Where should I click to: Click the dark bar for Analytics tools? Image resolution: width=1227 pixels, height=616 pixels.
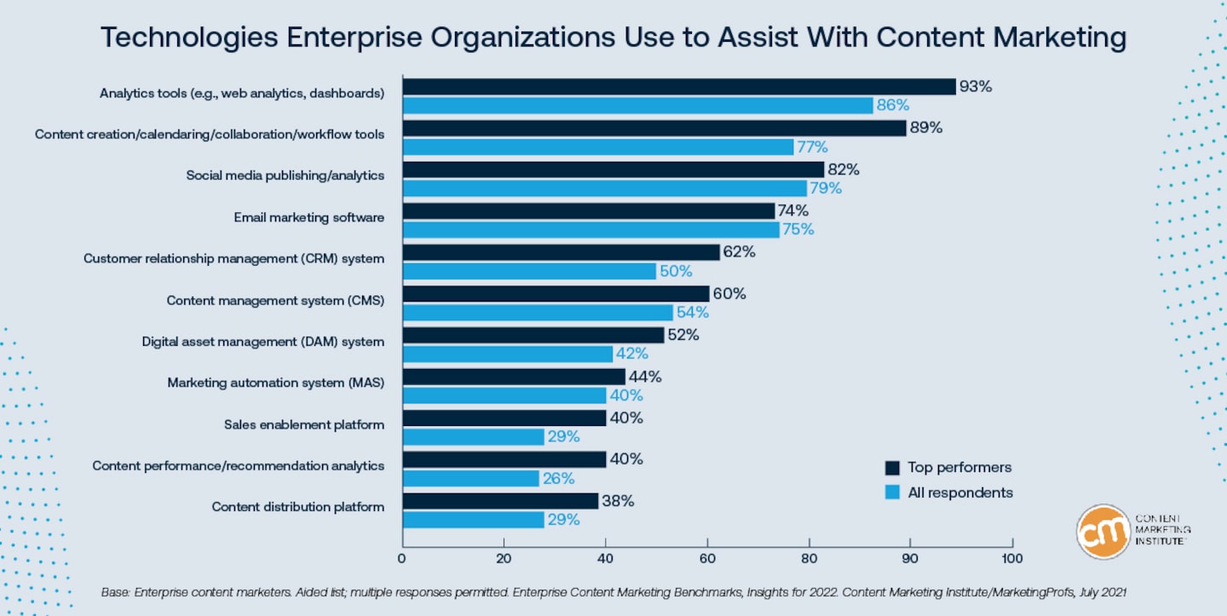coord(679,87)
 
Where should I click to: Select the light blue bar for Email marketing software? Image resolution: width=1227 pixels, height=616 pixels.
coord(590,230)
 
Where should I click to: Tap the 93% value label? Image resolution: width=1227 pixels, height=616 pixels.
coord(976,87)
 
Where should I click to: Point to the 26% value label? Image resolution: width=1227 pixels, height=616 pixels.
coord(559,479)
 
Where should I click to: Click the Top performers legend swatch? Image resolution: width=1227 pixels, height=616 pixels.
coord(893,468)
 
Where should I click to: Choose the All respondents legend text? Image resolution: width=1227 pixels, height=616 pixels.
coord(960,492)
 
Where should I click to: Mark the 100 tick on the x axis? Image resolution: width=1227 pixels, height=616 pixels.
coord(1011,559)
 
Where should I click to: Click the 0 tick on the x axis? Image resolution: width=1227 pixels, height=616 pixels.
coord(402,559)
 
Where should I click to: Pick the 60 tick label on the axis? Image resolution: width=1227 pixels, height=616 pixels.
coord(706,559)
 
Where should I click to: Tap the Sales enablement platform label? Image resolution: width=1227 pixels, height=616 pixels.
coord(304,424)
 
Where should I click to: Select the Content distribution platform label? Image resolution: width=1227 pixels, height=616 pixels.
coord(298,507)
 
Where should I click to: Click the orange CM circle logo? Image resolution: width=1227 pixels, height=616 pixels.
coord(1103,531)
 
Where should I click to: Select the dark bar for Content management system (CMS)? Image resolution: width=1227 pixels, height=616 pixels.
coord(556,294)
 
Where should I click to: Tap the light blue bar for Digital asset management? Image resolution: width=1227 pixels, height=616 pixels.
coord(508,354)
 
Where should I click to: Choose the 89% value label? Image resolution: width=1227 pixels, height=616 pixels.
coord(926,128)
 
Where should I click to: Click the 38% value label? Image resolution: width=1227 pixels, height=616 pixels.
coord(618,501)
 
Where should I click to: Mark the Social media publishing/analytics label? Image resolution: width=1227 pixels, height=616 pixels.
coord(285,176)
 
